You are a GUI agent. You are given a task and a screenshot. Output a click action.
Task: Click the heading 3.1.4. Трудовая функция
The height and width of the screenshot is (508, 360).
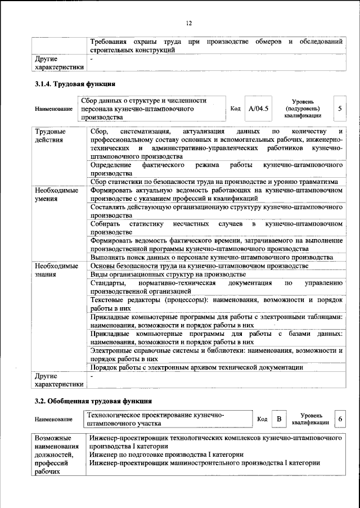72,84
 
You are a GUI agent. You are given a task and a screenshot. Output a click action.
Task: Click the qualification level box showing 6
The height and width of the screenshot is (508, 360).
340,419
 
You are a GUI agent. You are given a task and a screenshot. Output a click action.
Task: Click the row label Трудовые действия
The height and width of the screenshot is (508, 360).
49,136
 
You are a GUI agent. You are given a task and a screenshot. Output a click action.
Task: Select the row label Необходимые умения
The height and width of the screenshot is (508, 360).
56,195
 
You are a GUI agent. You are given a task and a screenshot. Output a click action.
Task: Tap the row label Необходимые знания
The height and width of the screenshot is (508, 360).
56,269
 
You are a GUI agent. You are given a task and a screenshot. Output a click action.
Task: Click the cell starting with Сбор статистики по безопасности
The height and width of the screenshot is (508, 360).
214,182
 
